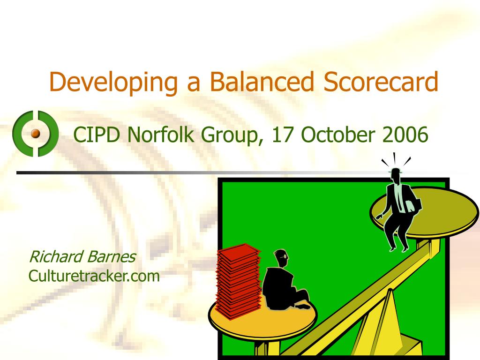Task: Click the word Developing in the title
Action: point(112,82)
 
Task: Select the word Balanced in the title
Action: point(262,82)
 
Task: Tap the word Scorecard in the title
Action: point(381,82)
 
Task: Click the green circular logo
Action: point(36,134)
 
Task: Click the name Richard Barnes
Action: point(82,257)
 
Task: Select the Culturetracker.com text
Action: point(94,276)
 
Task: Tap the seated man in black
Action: point(281,286)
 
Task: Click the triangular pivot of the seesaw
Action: point(389,323)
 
